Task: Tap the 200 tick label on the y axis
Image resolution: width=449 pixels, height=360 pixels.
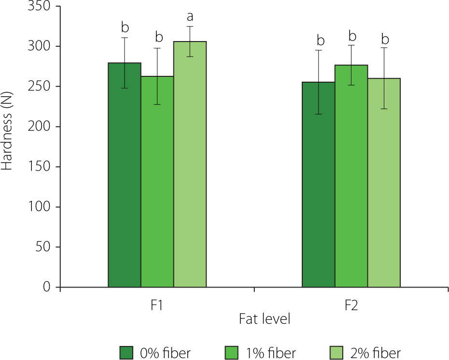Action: pos(40,127)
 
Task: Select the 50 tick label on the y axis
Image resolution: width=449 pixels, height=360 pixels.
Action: pos(43,247)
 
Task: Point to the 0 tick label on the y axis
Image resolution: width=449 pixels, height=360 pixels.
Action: pos(47,288)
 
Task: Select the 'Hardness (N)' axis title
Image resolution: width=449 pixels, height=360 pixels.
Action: pos(8,128)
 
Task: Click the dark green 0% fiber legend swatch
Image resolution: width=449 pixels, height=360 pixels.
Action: pos(126,352)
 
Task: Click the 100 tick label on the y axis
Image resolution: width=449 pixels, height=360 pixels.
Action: pos(40,207)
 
